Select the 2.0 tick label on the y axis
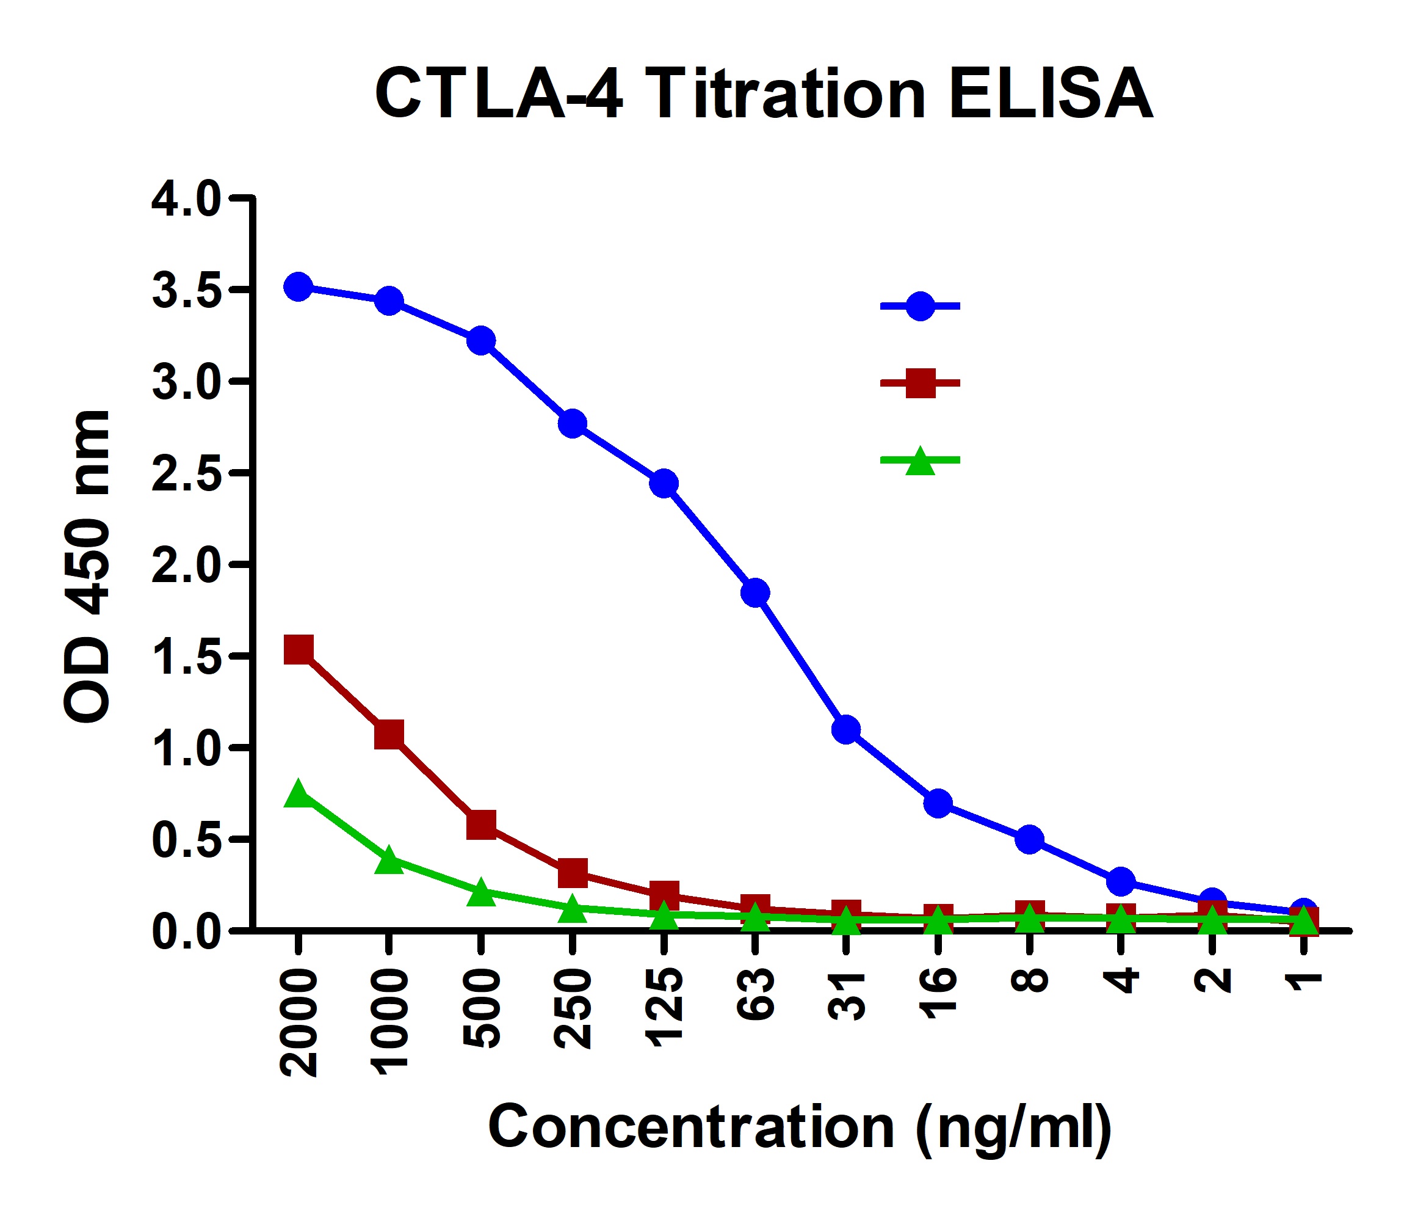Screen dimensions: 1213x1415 click(186, 564)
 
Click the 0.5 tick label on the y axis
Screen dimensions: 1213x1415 click(186, 839)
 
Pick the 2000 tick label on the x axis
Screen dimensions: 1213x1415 click(299, 1024)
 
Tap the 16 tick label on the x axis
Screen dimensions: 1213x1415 click(938, 994)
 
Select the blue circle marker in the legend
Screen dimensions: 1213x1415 click(920, 306)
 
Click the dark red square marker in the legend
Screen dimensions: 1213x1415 click(920, 384)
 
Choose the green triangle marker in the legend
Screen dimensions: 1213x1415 click(920, 462)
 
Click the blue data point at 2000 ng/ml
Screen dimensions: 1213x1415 click(299, 286)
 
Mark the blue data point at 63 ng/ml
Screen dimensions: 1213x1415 click(755, 592)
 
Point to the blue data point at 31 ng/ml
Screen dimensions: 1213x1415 click(846, 730)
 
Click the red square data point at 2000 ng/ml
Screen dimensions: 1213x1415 click(299, 649)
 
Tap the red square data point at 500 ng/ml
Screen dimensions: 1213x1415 click(482, 825)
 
